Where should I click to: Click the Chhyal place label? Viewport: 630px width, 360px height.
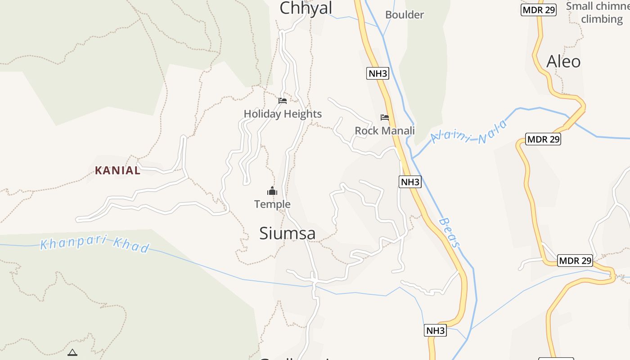click(306, 8)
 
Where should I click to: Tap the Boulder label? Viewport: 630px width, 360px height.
click(404, 15)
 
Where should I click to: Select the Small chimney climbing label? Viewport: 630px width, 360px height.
click(598, 13)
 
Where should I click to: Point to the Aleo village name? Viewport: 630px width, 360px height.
click(563, 62)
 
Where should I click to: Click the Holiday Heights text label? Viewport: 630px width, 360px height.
click(283, 114)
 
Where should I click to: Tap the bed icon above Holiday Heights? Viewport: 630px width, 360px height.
click(283, 100)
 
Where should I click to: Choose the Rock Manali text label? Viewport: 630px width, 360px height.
click(385, 130)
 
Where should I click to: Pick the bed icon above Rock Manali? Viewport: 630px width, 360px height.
click(385, 117)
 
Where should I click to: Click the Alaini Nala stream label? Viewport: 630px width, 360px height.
click(469, 132)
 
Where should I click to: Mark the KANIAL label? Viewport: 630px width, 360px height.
click(117, 171)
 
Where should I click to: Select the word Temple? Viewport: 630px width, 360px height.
click(272, 204)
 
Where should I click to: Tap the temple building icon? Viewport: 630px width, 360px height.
click(272, 191)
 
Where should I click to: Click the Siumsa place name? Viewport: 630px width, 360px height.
click(287, 233)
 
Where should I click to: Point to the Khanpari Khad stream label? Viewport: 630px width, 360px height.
click(94, 243)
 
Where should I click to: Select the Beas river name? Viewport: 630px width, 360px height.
click(450, 233)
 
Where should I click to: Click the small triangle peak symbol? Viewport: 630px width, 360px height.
click(72, 352)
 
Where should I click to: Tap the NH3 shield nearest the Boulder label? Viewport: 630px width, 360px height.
click(377, 73)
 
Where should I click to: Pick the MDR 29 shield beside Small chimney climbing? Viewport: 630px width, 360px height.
click(538, 10)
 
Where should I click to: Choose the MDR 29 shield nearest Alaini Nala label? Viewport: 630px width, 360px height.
click(544, 139)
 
